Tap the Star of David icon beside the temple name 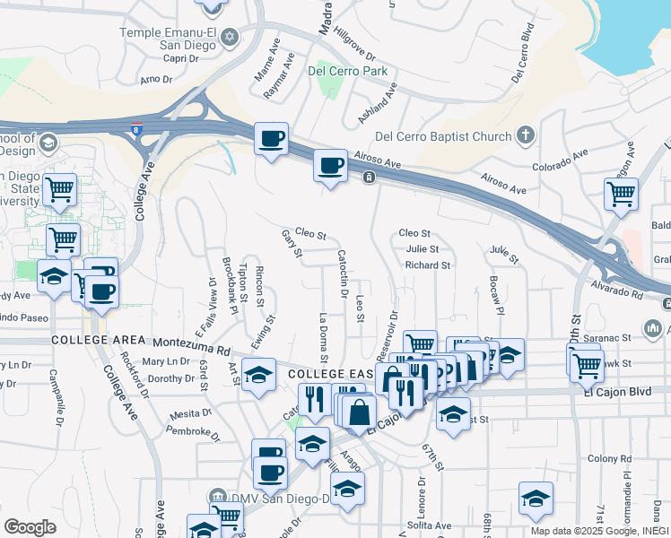[230, 37]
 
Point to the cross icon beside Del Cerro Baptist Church [526, 136]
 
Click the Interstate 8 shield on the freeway [136, 130]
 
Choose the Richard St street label [427, 265]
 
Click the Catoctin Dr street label [343, 273]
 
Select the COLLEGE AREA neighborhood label [99, 340]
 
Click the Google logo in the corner [30, 526]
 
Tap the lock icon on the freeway [369, 178]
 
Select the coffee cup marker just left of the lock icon [330, 165]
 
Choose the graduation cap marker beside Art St [258, 375]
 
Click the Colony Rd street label [609, 459]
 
